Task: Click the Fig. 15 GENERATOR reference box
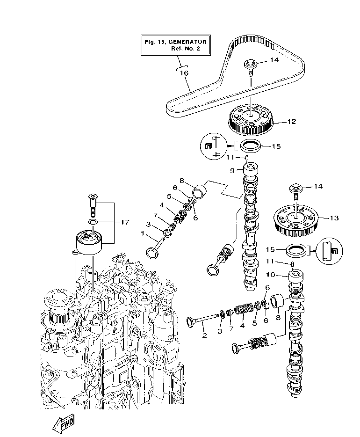coord(175,45)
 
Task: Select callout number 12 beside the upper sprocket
coord(291,122)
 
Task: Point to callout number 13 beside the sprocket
coord(334,218)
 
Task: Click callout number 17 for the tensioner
coord(124,222)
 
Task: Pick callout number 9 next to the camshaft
coord(232,171)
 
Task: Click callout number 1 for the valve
coord(143,233)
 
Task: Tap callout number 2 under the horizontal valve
coord(204,335)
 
